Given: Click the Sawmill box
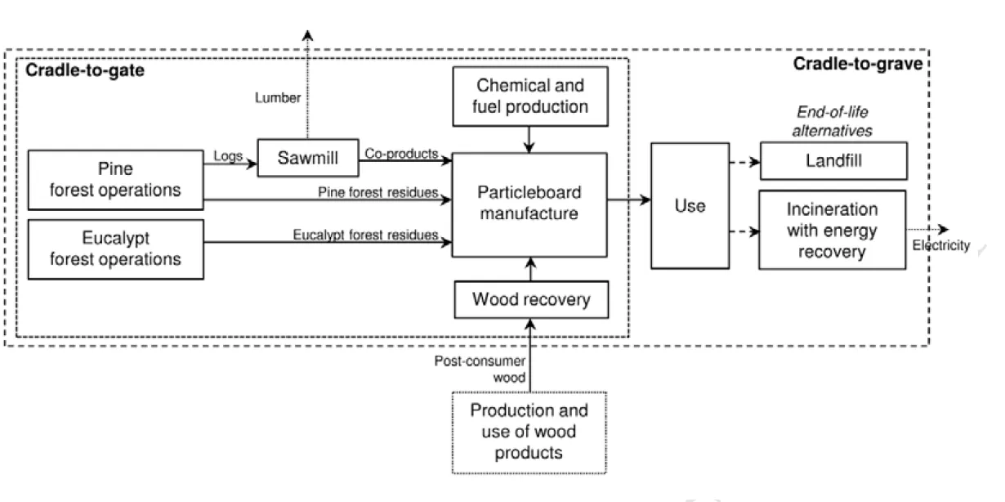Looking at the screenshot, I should pos(308,158).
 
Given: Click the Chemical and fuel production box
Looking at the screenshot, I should pos(531,96).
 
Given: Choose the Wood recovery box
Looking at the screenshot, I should pos(530,299).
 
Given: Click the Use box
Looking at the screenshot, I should pos(690,205).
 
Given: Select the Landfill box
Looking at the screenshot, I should pos(833,161).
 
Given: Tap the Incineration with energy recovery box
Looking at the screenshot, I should pos(833,231).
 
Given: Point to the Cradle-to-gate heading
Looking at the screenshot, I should pos(85,71).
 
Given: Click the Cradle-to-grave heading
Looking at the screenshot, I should pos(857,65).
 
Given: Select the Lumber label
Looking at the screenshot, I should pos(277,98).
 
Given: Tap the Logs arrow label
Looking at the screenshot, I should pos(228,154).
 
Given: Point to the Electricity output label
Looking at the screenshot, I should pos(940,244).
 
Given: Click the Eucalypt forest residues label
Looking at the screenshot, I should pos(365,235).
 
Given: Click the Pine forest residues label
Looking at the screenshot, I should pos(377,192).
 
